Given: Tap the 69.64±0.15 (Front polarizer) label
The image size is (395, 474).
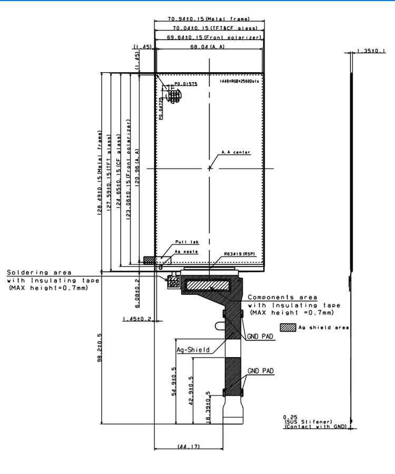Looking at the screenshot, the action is tap(214, 37).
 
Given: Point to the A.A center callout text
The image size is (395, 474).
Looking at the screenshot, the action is tap(235, 153).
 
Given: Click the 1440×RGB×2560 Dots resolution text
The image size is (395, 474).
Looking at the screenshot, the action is tap(240, 82).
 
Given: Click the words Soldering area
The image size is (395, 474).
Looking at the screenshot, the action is tap(36, 272).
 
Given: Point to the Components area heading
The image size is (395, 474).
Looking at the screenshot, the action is tap(282, 298).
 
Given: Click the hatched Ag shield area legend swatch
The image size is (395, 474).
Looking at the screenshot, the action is tap(288, 327).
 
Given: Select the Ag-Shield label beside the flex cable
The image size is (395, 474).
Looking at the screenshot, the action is tap(193, 350).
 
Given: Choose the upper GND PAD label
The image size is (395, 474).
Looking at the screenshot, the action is tap(260, 337).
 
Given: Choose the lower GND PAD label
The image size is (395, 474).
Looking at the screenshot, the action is tap(261, 371).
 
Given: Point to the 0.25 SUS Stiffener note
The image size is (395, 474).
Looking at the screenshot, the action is tap(315, 421).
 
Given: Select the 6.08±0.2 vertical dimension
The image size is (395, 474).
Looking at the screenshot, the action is tap(137, 292).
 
